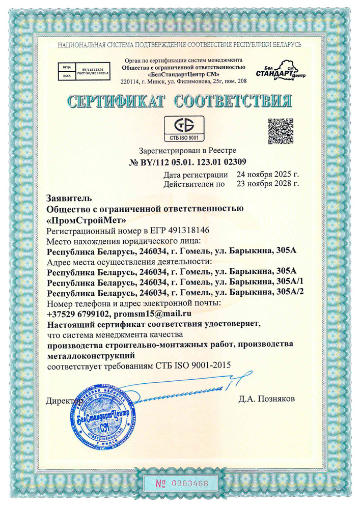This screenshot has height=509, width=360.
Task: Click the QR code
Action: [x=281, y=130]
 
